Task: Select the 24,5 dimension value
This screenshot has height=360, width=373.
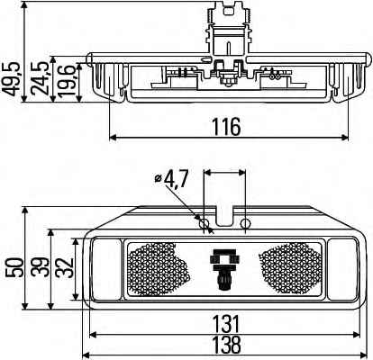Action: [x=40, y=78]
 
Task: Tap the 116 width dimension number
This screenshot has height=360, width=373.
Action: [x=227, y=127]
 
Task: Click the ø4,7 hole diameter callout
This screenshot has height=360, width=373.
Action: [x=172, y=179]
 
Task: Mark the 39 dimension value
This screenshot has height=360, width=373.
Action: [x=41, y=267]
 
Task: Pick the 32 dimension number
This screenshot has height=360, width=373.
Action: [x=66, y=267]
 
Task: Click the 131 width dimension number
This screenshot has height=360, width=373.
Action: [x=227, y=324]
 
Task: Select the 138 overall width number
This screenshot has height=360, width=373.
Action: [x=227, y=345]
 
